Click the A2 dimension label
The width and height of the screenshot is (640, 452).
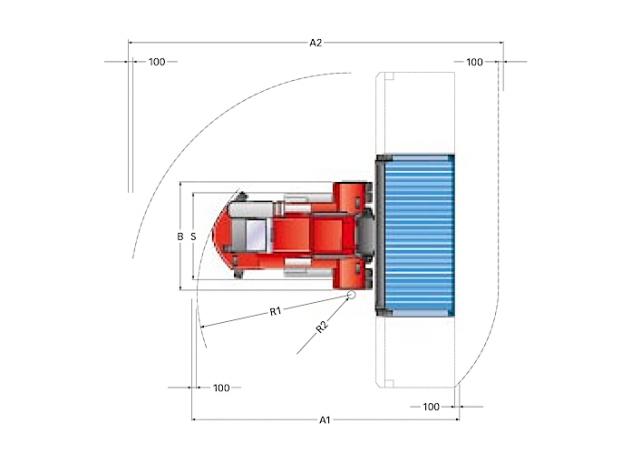coord(316,43)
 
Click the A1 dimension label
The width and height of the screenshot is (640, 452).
coord(324,420)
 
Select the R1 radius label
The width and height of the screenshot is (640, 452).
coord(276,312)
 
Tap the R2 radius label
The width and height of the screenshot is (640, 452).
coord(322,327)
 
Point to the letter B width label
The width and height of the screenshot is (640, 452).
coord(180,236)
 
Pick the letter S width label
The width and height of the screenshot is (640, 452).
coord(193,236)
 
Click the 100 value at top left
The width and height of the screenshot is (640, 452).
coord(157,62)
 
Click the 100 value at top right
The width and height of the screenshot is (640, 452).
coord(474,62)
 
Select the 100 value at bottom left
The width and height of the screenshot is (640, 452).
coord(221,388)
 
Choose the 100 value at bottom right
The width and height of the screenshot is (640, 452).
coord(431,407)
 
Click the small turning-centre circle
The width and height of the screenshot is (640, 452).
coord(351,294)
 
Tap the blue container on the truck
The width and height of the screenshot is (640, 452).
coord(419,235)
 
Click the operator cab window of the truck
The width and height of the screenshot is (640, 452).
coord(256,235)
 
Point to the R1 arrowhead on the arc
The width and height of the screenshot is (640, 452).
coord(203,326)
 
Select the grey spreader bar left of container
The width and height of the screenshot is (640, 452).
coord(380,235)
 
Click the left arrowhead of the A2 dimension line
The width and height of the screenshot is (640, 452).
coord(131,42)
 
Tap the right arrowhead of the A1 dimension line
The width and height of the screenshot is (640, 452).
coord(457,419)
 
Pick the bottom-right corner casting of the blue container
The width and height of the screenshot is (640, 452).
coord(451,313)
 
